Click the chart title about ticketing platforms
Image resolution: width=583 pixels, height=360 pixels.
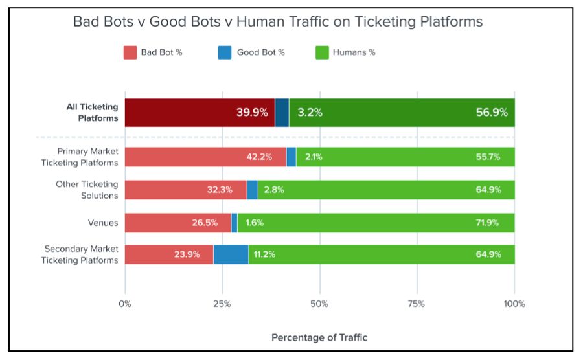pyautogui.click(x=277, y=21)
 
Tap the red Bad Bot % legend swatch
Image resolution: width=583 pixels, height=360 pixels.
pyautogui.click(x=130, y=52)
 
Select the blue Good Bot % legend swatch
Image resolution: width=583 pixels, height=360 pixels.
pyautogui.click(x=225, y=52)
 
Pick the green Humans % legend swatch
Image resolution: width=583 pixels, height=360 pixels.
pyautogui.click(x=321, y=52)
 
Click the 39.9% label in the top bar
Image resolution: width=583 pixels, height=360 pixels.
pyautogui.click(x=252, y=113)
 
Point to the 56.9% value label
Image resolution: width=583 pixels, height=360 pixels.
pyautogui.click(x=492, y=113)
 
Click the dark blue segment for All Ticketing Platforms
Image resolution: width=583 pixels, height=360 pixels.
pyautogui.click(x=282, y=113)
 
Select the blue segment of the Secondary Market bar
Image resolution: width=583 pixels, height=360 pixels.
pyautogui.click(x=231, y=254)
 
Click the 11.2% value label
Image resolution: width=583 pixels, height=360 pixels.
pyautogui.click(x=264, y=254)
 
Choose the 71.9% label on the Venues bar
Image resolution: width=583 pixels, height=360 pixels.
pyautogui.click(x=488, y=223)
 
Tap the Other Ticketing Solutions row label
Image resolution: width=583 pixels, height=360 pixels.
pyautogui.click(x=87, y=190)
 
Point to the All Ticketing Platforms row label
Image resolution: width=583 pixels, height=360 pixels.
pyautogui.click(x=92, y=113)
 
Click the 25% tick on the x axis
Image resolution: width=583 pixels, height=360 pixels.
pyautogui.click(x=222, y=304)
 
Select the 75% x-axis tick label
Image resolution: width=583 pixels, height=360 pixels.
pyautogui.click(x=417, y=304)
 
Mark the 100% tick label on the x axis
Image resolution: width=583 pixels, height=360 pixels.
pyautogui.click(x=514, y=304)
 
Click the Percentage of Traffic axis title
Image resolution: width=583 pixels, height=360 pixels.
pyautogui.click(x=319, y=337)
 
